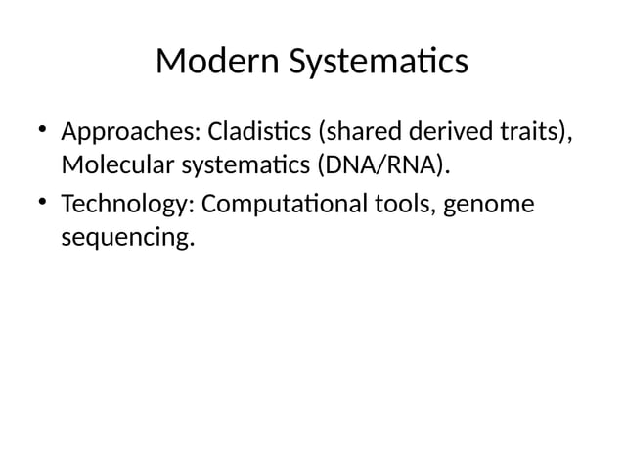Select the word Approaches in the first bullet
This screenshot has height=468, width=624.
pyautogui.click(x=126, y=132)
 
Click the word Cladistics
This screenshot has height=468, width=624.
pyautogui.click(x=253, y=131)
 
